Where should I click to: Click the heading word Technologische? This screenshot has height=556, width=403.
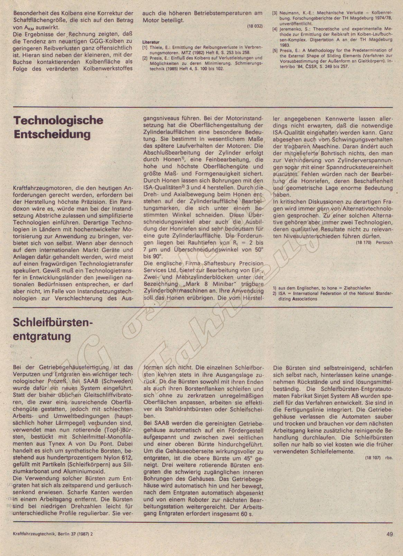(58, 121)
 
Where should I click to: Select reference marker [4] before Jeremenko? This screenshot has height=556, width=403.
(275, 29)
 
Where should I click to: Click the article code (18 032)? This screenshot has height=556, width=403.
(255, 27)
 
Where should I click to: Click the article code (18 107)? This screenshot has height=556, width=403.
(373, 457)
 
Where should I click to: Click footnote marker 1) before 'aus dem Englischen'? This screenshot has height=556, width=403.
(275, 288)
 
